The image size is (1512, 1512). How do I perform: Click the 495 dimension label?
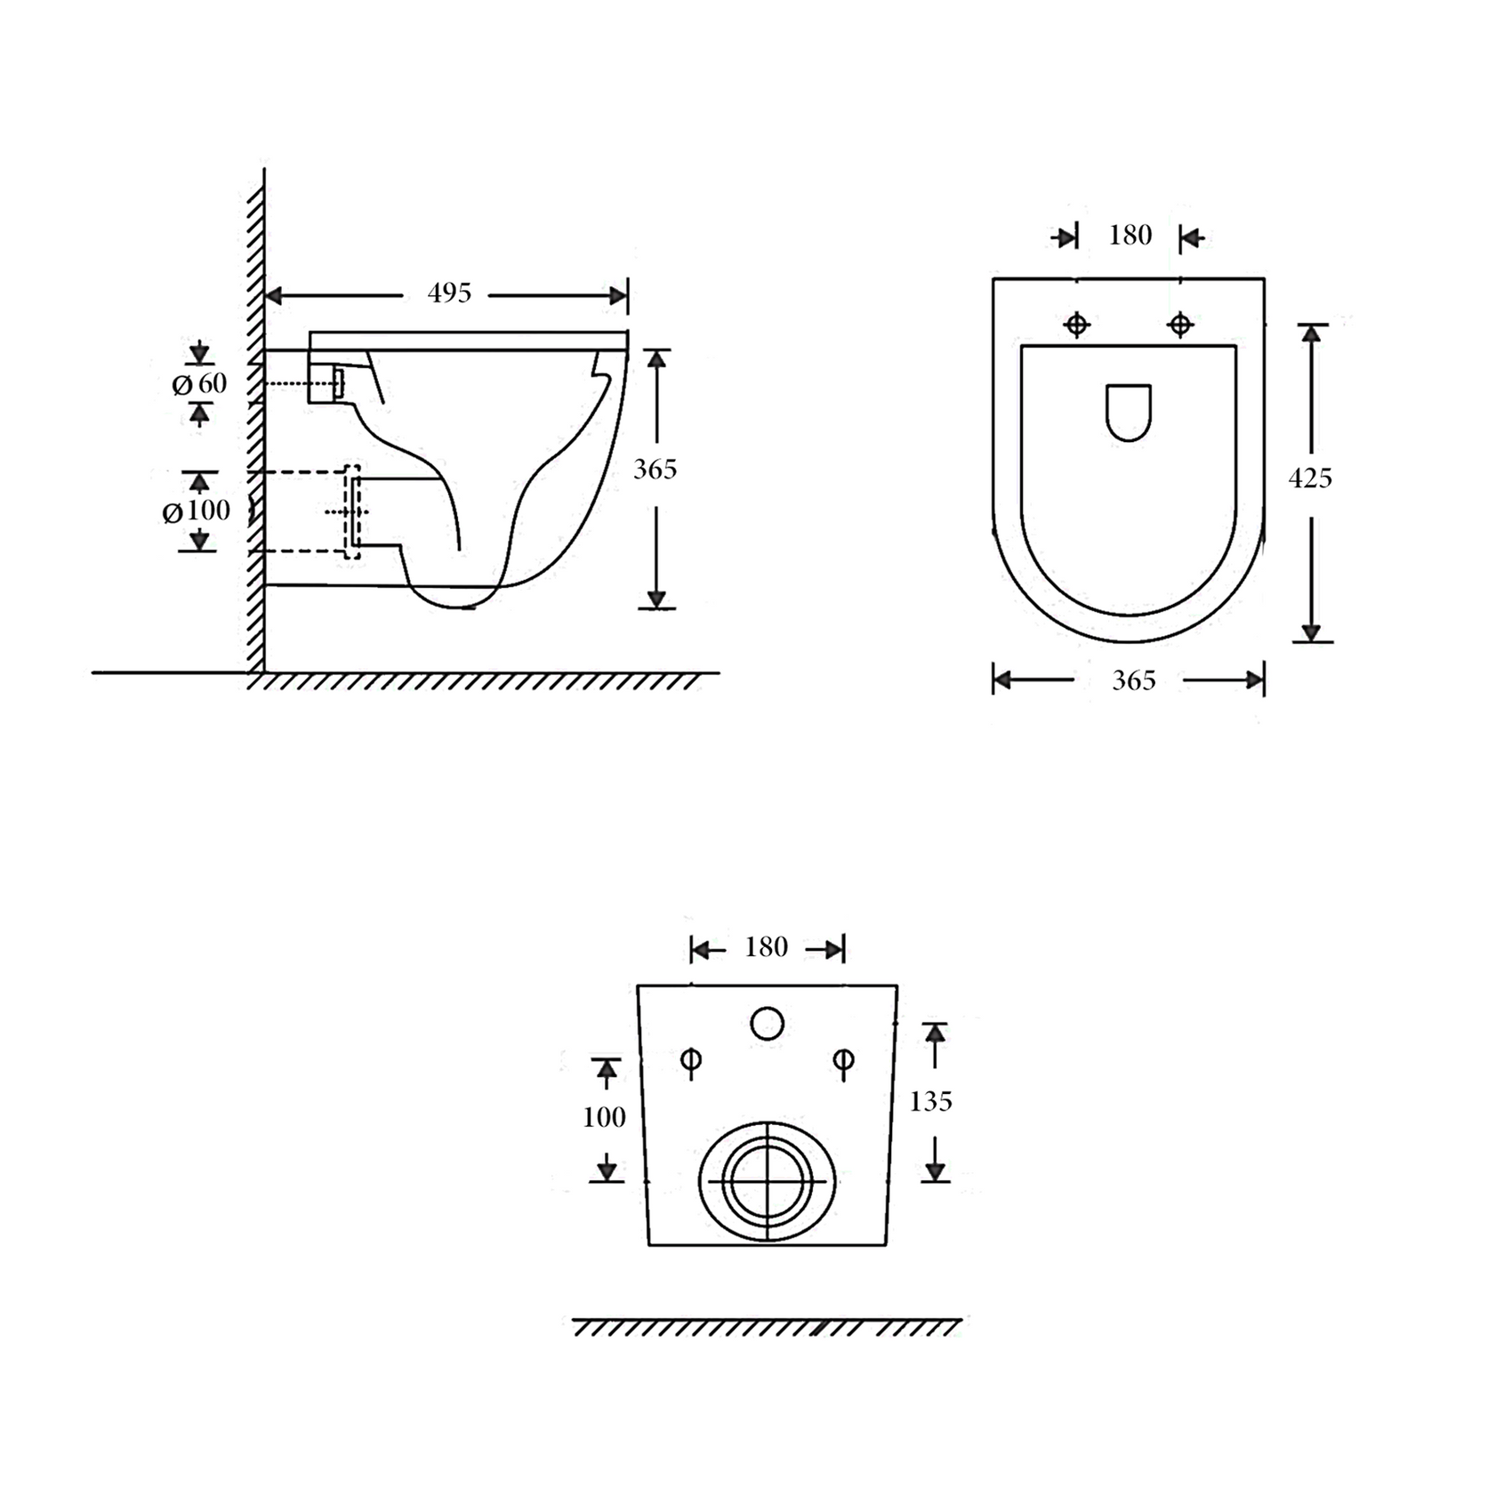(x=449, y=293)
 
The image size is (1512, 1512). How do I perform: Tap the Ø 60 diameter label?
(x=199, y=384)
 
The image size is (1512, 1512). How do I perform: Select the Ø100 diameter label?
(x=196, y=511)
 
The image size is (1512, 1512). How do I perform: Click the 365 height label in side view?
(x=655, y=469)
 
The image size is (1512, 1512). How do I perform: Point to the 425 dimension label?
(x=1310, y=479)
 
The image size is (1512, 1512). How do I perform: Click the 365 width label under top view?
(x=1134, y=680)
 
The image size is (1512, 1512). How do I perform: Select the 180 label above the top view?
(x=1130, y=235)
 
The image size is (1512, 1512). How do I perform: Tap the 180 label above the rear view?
(x=767, y=947)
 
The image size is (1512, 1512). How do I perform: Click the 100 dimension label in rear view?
(x=605, y=1117)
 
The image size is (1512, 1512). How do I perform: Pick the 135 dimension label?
(x=931, y=1102)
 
